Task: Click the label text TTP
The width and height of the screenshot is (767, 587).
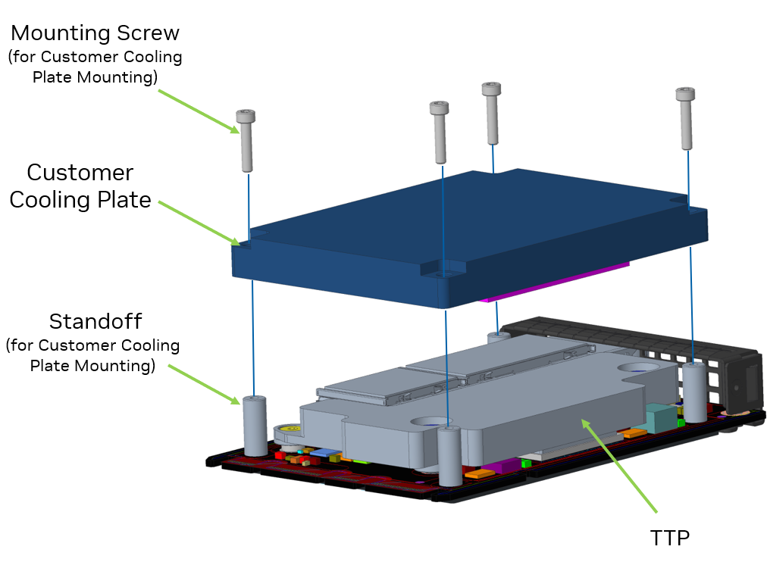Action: click(x=670, y=538)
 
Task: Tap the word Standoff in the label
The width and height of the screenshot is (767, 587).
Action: click(x=95, y=321)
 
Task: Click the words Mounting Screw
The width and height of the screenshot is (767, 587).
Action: click(x=95, y=33)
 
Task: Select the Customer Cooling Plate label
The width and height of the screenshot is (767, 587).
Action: click(x=80, y=186)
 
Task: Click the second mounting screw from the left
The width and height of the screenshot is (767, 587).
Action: click(x=440, y=132)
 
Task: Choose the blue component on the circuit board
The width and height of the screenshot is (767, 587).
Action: click(x=324, y=454)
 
